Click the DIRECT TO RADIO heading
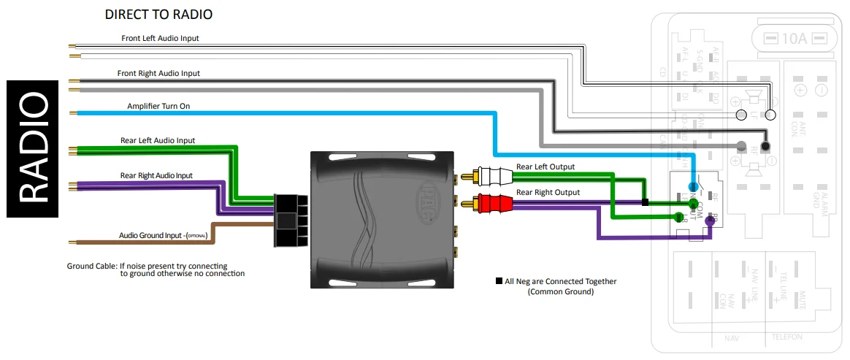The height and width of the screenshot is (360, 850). [x=159, y=15]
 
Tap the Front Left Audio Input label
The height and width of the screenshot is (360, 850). [x=160, y=38]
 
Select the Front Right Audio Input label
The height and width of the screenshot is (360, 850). [x=158, y=74]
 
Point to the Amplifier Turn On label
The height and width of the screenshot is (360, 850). [x=159, y=107]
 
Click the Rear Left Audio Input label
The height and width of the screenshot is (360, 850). [x=158, y=140]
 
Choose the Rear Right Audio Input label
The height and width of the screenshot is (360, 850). [x=156, y=175]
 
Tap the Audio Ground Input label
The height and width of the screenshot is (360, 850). [x=164, y=236]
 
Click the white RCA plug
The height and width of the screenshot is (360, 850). [x=486, y=176]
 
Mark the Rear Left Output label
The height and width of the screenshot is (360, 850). [x=545, y=167]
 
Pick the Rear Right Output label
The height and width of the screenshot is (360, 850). [x=548, y=193]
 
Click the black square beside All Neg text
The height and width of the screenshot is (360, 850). [x=499, y=281]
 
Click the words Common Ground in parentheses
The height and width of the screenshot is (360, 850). [x=560, y=292]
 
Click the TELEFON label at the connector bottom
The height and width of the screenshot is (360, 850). [x=787, y=337]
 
